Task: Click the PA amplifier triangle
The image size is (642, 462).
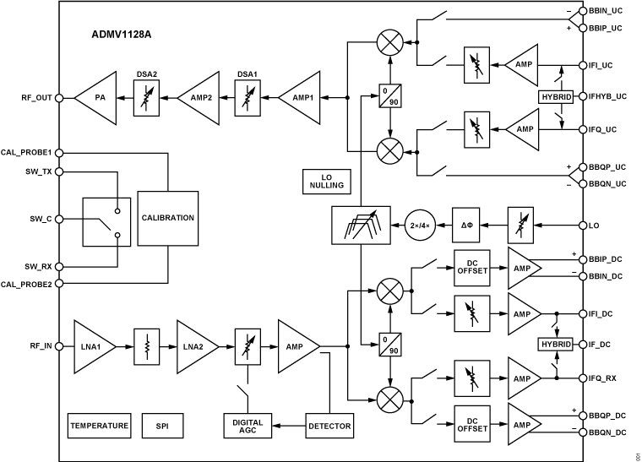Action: pyautogui.click(x=96, y=97)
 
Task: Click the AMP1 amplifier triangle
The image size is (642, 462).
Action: pyautogui.click(x=299, y=97)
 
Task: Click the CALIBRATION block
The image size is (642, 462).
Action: pyautogui.click(x=167, y=218)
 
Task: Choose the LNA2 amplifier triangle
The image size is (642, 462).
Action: pyautogui.click(x=195, y=345)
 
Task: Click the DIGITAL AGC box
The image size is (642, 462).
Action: pyautogui.click(x=248, y=426)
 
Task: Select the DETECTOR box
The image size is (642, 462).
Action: pyautogui.click(x=329, y=426)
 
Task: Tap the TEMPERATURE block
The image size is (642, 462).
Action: pyautogui.click(x=100, y=426)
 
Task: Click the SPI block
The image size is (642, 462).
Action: pyautogui.click(x=162, y=426)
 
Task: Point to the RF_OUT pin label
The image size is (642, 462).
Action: pyautogui.click(x=36, y=97)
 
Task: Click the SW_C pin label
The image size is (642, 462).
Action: pyautogui.click(x=41, y=218)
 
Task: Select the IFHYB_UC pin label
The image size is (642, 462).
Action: pyautogui.click(x=609, y=96)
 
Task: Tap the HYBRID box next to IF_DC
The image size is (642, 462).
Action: pyautogui.click(x=555, y=345)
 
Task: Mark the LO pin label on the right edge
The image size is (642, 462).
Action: pyautogui.click(x=594, y=226)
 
